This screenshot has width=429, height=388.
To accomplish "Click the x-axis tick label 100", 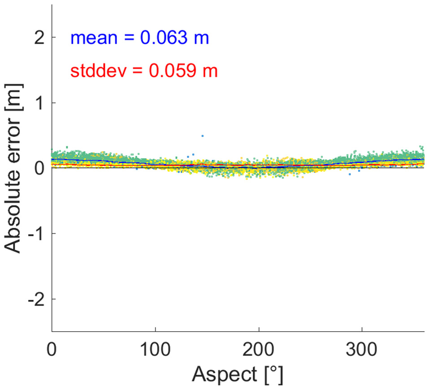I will [x=155, y=347].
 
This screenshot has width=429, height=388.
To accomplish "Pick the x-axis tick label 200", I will [x=259, y=347].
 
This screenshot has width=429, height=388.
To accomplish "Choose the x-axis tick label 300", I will [x=362, y=347].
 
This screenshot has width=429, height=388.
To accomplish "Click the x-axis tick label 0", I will [x=52, y=347].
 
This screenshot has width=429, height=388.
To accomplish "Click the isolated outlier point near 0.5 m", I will [x=202, y=136].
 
